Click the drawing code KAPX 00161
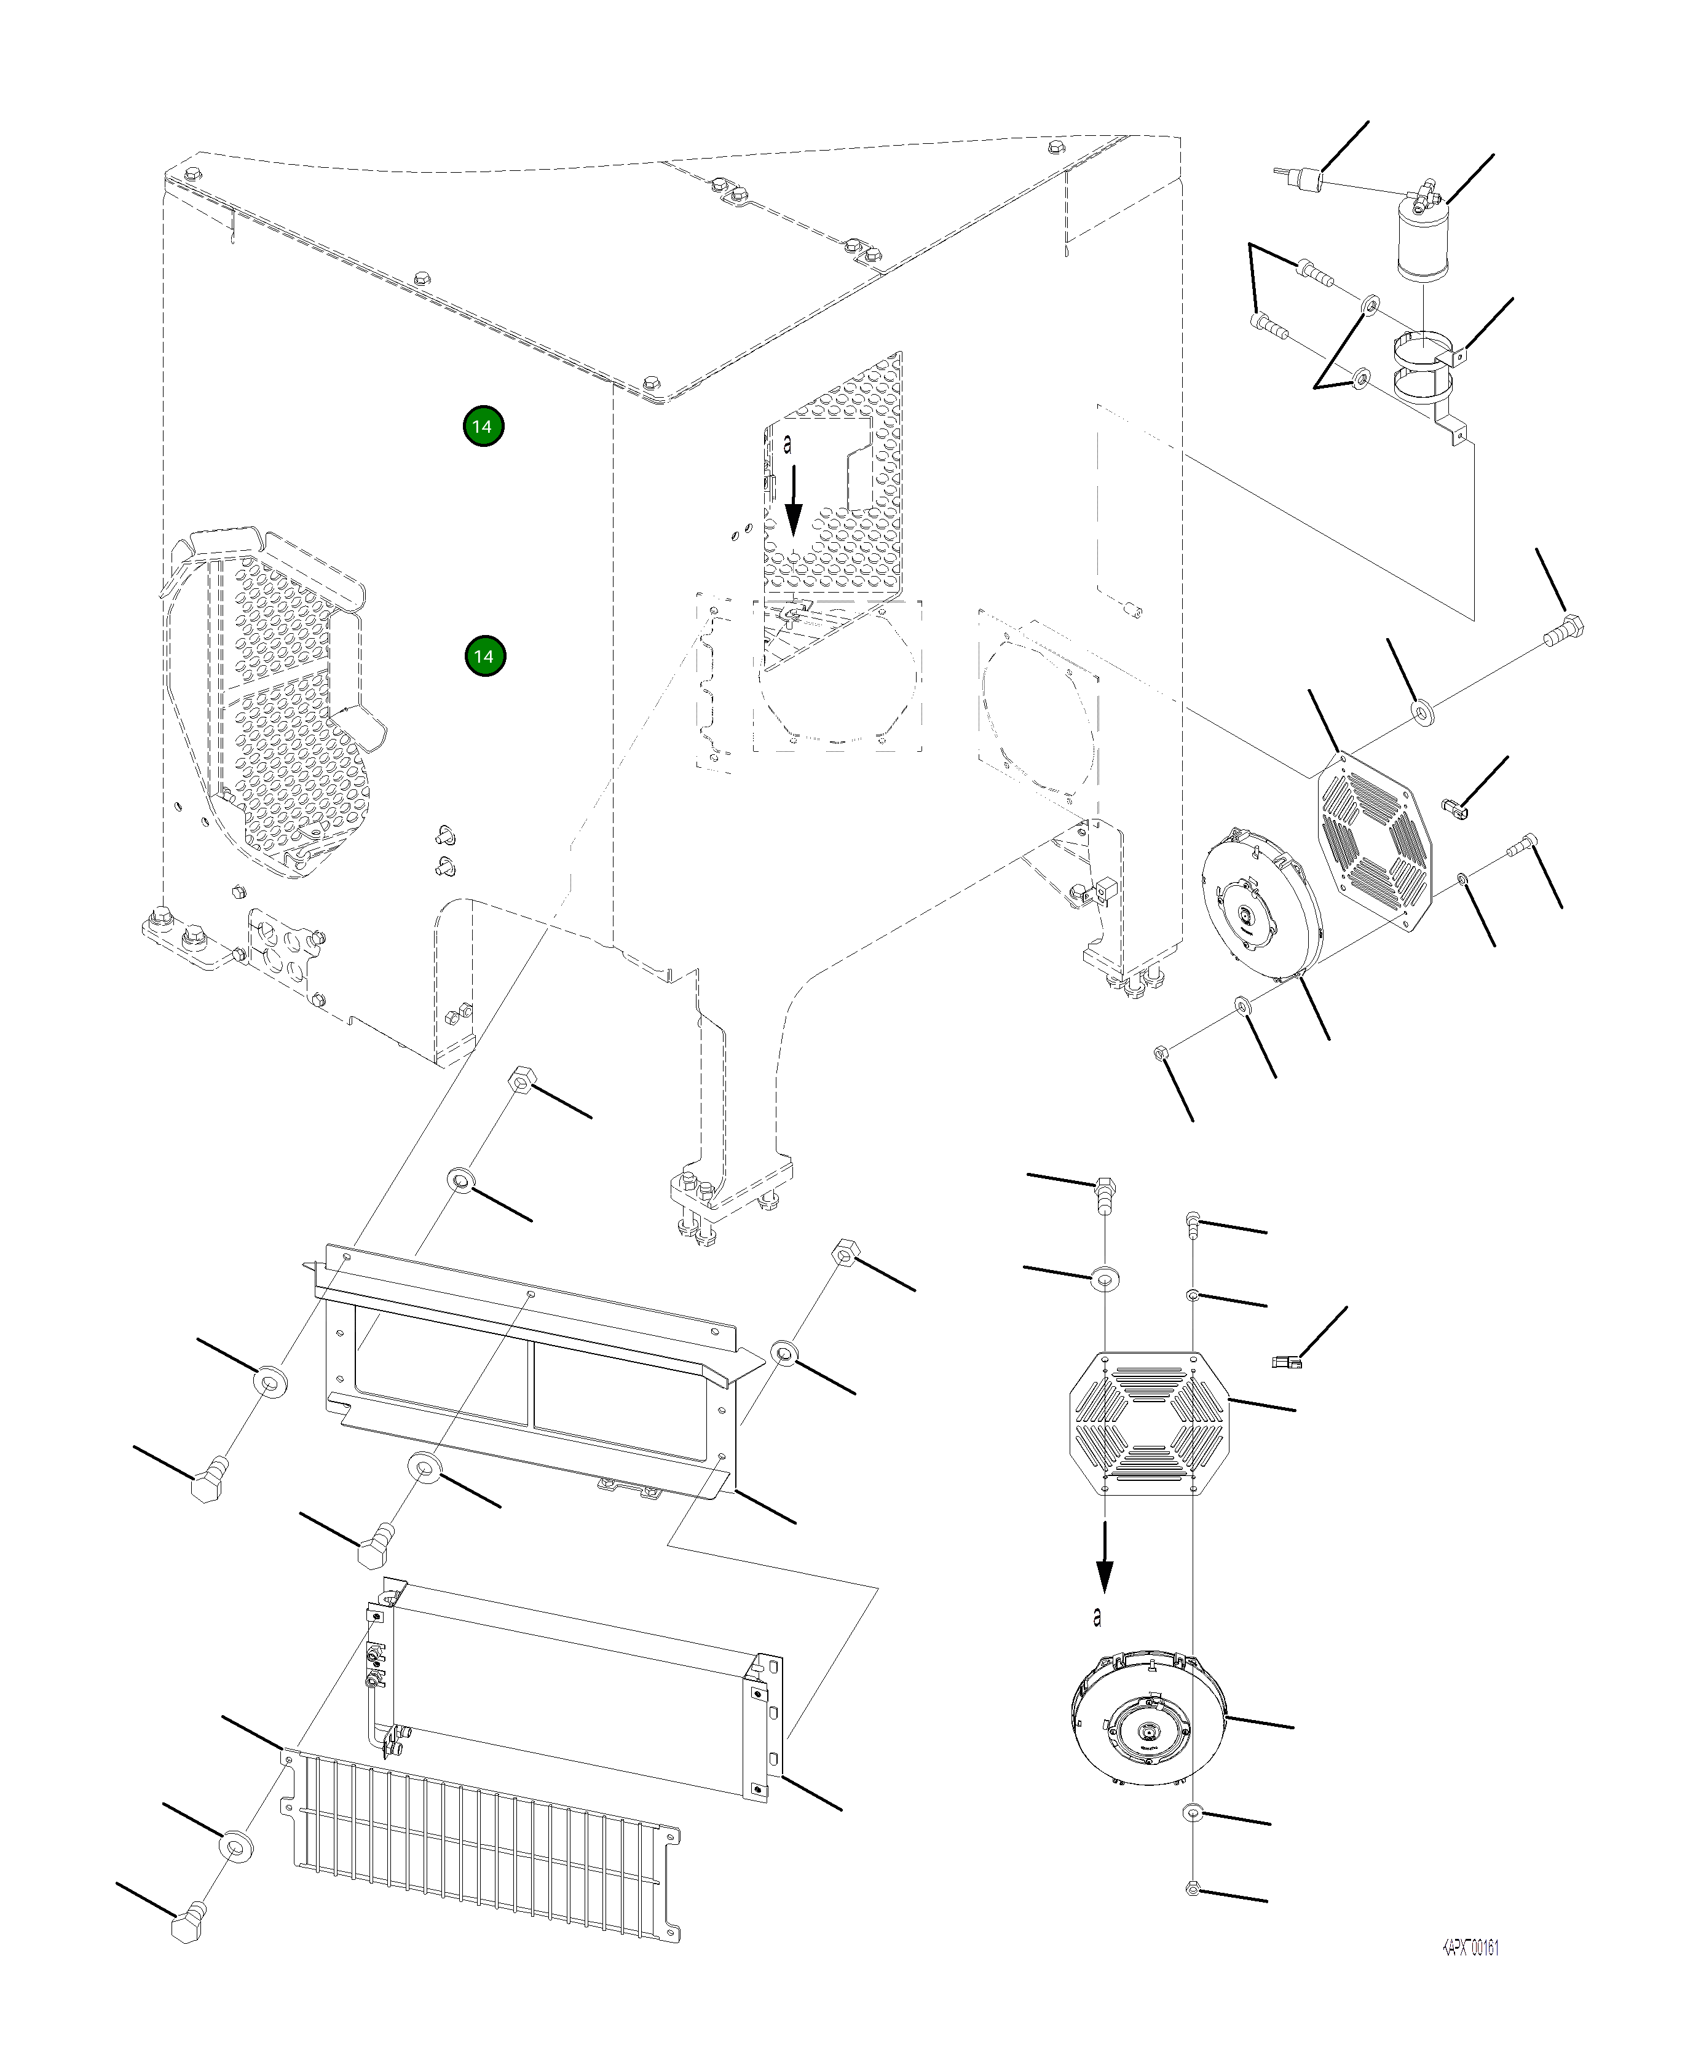(x=1470, y=1947)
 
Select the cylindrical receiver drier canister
(x=1423, y=240)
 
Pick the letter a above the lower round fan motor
(x=1098, y=1616)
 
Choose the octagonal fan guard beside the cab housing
(x=1376, y=841)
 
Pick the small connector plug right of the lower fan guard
(x=1285, y=1362)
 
